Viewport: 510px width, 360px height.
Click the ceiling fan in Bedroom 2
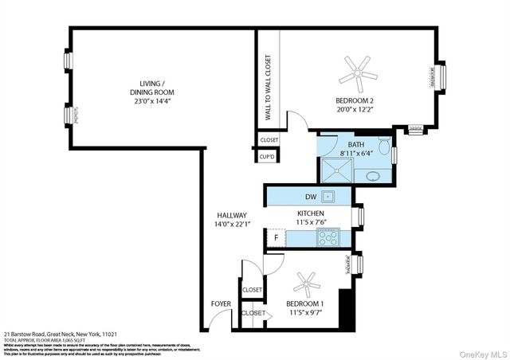[358, 72]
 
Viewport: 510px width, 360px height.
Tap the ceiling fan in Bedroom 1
[305, 283]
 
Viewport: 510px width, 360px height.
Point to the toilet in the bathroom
[384, 147]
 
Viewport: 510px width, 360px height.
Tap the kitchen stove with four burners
[328, 237]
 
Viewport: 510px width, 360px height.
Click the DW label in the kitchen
[312, 197]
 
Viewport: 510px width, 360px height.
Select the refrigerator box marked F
[277, 238]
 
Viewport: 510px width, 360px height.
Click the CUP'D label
[269, 158]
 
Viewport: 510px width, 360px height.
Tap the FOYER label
[221, 303]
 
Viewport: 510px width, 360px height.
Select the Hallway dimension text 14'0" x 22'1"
[233, 225]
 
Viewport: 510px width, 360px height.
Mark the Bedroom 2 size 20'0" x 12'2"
[355, 111]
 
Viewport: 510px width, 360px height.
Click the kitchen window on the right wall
[361, 216]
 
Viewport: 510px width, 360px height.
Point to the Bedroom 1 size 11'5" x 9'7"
[304, 312]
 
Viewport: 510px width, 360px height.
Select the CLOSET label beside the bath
[269, 140]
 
